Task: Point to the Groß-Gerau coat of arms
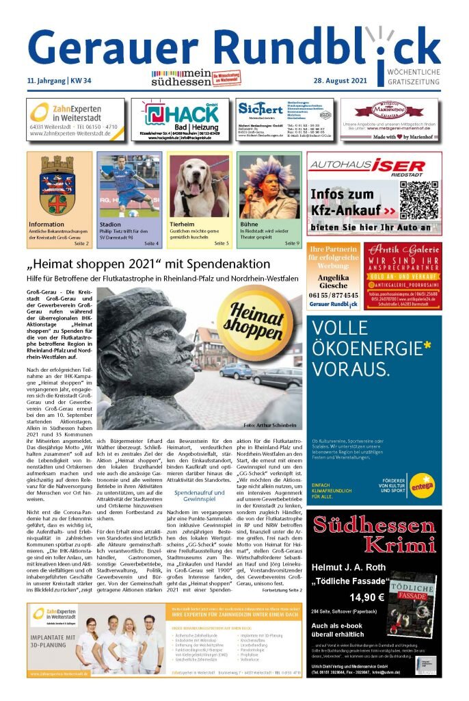pyautogui.click(x=58, y=186)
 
